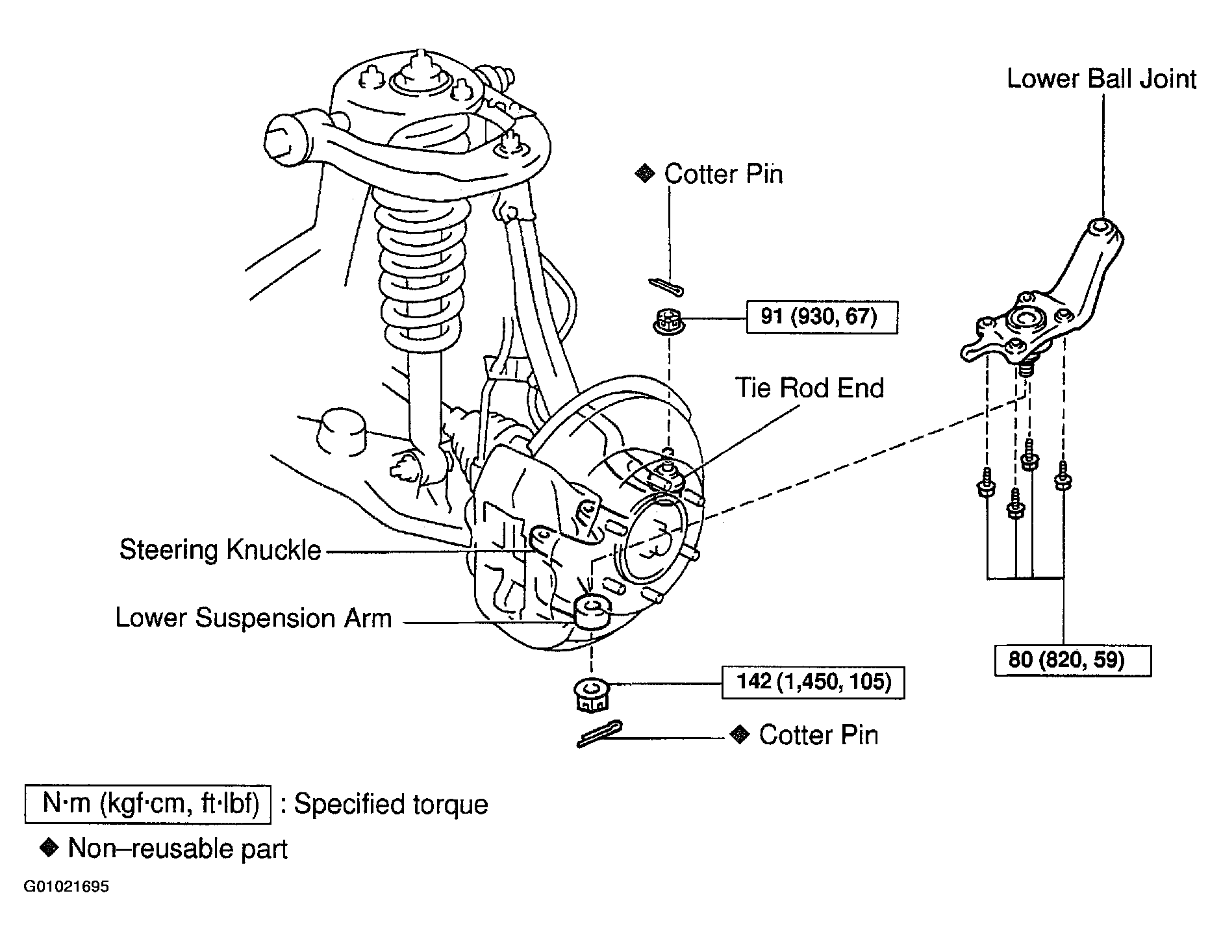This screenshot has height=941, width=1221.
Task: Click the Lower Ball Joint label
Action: coord(1101,79)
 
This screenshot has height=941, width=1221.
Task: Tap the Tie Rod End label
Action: coord(809,388)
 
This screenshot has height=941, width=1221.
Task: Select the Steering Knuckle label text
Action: coord(220,550)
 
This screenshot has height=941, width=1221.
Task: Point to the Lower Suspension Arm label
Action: coord(253,618)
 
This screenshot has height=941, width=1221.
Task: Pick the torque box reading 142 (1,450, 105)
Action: coord(813,682)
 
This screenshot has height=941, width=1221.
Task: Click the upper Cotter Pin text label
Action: coord(724,174)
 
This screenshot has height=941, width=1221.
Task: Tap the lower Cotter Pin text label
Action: coord(818,735)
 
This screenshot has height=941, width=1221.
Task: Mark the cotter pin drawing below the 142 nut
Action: coord(599,734)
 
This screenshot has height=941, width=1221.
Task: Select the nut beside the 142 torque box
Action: coord(590,694)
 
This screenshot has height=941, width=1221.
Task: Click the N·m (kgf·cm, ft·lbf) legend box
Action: coord(147,804)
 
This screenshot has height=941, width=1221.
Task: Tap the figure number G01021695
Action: coord(67,887)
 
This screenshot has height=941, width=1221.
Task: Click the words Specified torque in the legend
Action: coord(391,805)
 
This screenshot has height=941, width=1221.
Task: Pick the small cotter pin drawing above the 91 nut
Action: coord(666,286)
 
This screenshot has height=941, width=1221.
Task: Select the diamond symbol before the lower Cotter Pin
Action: coord(738,734)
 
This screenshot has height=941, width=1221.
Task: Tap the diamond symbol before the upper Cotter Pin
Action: coord(644,173)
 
